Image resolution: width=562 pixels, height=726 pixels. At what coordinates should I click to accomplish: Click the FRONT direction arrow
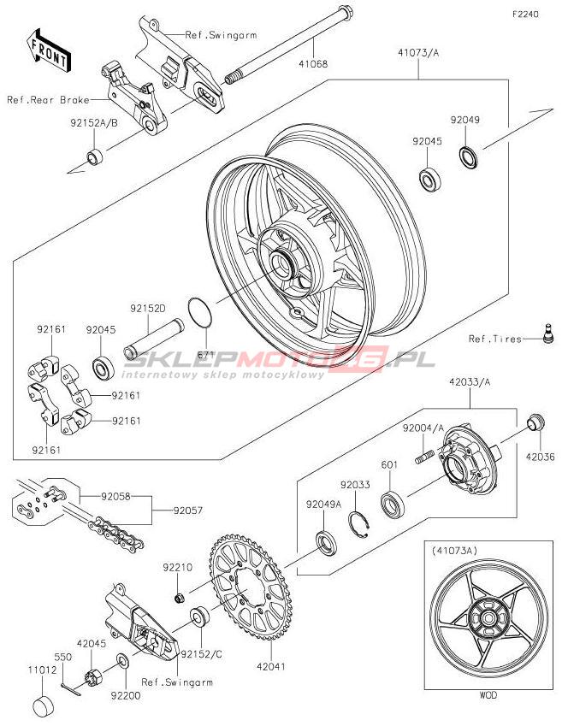point(48,50)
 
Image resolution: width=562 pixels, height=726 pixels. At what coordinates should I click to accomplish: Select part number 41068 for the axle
point(313,63)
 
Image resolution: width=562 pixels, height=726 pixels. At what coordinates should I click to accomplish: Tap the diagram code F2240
point(525,15)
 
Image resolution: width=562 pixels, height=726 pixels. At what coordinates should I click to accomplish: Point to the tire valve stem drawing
point(547,334)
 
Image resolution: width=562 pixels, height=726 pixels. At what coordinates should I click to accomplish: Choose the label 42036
point(540,457)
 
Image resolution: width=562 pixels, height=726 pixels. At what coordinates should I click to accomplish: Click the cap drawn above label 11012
point(44,706)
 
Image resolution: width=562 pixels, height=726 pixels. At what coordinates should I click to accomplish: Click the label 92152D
point(147,308)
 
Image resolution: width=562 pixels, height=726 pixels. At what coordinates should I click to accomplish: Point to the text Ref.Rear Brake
point(48,99)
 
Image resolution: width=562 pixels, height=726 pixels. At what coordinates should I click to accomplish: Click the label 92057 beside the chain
point(188,511)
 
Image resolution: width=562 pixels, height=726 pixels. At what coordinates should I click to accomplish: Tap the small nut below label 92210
point(180,599)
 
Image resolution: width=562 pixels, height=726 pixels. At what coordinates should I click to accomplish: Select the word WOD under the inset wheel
point(488,695)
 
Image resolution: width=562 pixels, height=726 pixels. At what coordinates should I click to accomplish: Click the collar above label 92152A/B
point(96,156)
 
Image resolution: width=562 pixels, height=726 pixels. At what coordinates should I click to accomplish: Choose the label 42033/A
point(470,382)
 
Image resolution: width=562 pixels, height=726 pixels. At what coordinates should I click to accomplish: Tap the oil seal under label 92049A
point(326,544)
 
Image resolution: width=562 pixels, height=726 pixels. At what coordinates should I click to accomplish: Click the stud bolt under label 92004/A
point(424,457)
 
